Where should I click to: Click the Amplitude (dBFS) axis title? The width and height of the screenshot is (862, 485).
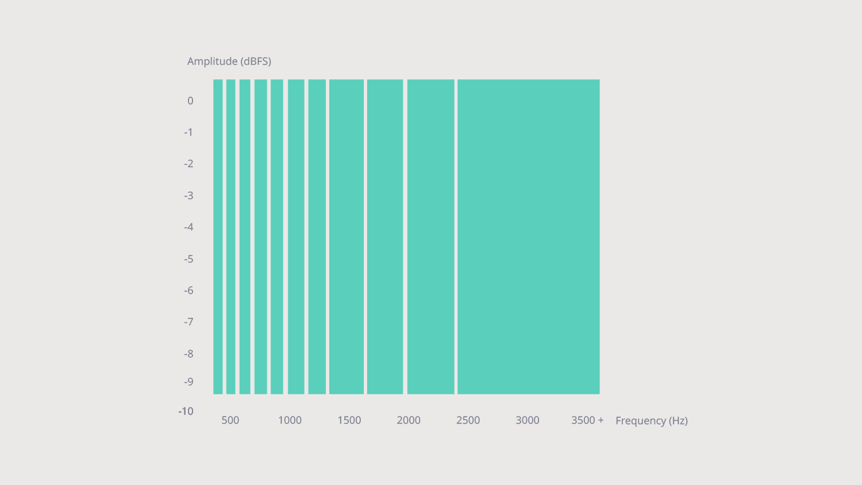coord(229,61)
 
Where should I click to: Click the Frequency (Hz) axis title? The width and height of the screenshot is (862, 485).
coord(651,421)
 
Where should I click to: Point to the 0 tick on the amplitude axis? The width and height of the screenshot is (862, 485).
coord(190,101)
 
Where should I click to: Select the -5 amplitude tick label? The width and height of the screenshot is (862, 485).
coord(188,259)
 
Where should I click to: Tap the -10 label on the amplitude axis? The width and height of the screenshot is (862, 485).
coord(186,411)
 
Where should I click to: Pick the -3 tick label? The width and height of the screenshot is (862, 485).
coord(188,196)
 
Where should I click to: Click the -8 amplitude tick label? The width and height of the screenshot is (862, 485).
coord(188,354)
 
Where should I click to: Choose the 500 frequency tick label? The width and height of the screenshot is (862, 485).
coord(230,421)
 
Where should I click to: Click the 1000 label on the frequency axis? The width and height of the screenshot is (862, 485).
coord(290,421)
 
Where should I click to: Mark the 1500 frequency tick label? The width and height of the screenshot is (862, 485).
coord(349,421)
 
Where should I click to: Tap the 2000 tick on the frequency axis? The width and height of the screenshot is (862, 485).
coord(409,421)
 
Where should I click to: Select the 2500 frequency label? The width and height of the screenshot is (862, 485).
coord(468,421)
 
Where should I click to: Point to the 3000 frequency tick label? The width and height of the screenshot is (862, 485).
coord(527,421)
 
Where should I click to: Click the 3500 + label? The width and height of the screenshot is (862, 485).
coord(587,421)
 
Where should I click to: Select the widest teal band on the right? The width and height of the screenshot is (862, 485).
coord(528,237)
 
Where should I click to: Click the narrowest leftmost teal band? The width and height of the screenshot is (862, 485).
coord(218,237)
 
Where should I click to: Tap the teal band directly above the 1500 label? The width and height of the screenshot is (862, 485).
coord(347,237)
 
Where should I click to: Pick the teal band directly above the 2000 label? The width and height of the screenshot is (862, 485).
coord(430,237)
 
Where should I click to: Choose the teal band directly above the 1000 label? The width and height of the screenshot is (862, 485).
coord(295,237)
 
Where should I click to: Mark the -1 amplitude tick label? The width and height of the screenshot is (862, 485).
coord(188,133)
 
